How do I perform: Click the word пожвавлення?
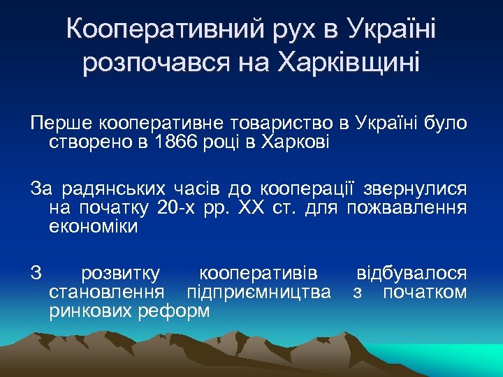(x=407, y=208)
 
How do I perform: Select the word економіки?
(x=94, y=228)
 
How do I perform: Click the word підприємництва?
(x=258, y=292)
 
